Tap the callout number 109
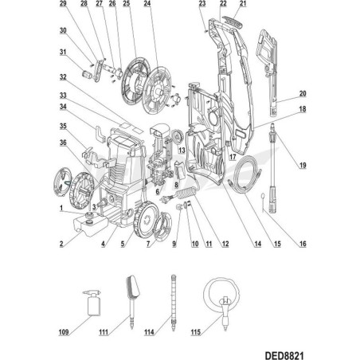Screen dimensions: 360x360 [64, 332]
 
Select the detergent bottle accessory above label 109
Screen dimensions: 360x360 [92, 303]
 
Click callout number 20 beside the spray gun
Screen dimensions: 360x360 [303, 93]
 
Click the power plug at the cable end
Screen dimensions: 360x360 [166, 199]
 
